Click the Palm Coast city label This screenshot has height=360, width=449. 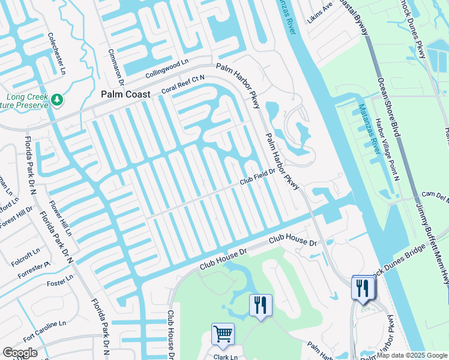(x=125, y=94)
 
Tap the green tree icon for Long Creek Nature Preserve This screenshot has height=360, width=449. (x=58, y=99)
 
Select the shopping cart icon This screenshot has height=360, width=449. (x=223, y=333)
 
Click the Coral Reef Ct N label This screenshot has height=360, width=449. (x=183, y=85)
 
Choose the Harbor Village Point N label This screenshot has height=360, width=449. (x=387, y=147)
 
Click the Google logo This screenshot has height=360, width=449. (x=20, y=353)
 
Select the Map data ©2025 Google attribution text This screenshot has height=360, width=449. (x=412, y=355)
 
